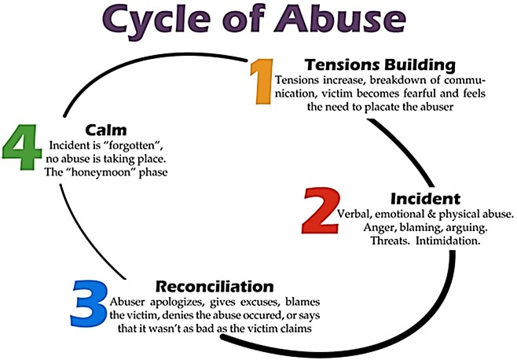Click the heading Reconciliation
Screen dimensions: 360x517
point(214,286)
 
